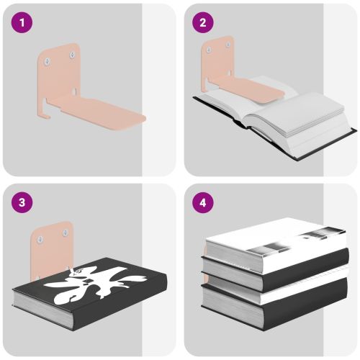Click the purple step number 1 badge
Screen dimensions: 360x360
(22, 22)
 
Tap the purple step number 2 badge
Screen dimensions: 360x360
(203, 22)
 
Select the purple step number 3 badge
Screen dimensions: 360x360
(22, 202)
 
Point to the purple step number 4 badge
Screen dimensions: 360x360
(203, 202)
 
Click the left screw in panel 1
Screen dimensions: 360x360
(47, 61)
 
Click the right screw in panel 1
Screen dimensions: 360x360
(72, 55)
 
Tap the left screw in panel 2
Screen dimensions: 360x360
(209, 50)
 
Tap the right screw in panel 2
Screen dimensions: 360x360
(228, 45)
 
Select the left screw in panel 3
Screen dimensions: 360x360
(40, 239)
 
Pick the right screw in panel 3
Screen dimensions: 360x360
(66, 233)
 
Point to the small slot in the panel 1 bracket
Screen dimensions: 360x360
(74, 91)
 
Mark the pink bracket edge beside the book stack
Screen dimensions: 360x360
(205, 264)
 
